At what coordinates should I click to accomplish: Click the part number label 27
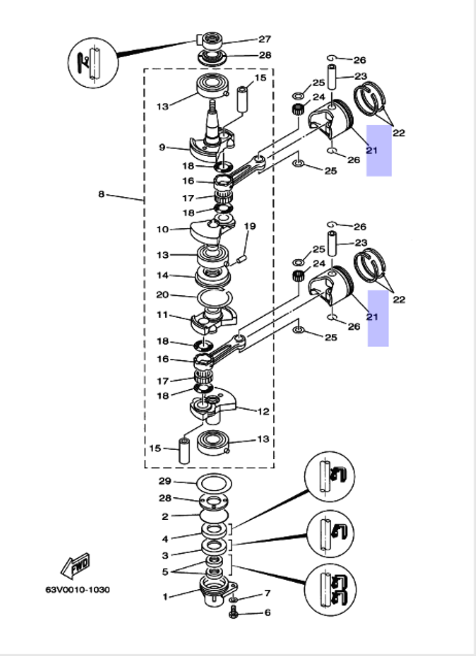264,39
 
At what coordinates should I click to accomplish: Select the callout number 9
162,147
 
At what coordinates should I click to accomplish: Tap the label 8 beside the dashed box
101,194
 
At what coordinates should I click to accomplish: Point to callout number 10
162,229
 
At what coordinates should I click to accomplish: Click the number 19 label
249,226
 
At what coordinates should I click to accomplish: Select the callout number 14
162,275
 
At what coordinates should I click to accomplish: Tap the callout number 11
162,314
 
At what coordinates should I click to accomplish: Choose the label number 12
263,411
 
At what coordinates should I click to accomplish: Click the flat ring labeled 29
214,483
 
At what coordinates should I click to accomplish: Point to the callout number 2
165,516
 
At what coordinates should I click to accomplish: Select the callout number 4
165,539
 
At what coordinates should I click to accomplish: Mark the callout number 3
165,555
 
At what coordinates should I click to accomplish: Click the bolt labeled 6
234,613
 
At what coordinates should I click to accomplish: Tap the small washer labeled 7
233,599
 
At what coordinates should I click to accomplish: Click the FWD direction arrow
75,565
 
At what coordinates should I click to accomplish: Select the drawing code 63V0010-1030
78,590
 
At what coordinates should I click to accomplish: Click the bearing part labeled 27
210,39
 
